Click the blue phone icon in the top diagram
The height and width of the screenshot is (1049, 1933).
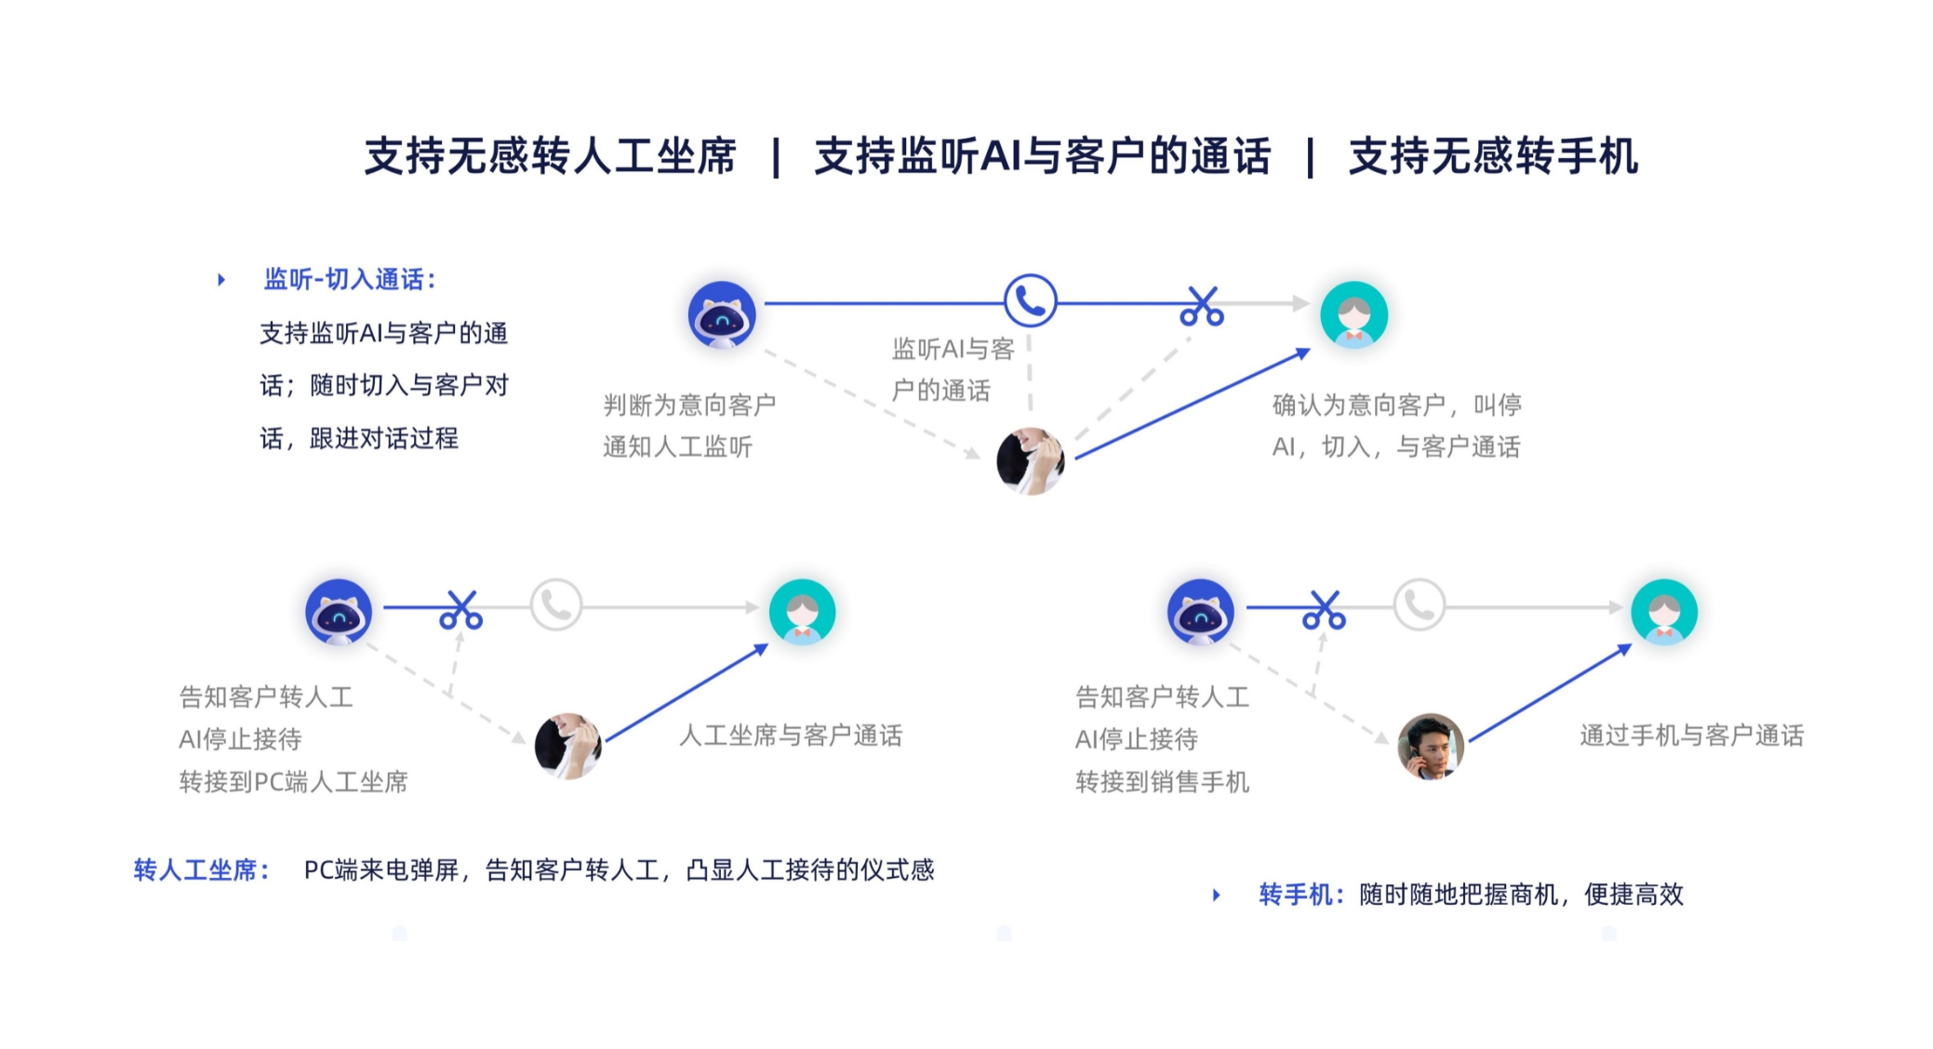1030,300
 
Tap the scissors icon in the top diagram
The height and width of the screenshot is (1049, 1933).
1202,306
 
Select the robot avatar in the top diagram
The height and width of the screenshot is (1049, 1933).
722,314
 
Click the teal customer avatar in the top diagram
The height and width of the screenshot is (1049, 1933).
1354,314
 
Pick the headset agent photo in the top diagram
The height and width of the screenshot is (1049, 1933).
1030,460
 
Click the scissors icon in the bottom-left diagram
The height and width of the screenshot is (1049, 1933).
461,609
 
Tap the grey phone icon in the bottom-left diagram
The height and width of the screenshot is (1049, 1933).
556,605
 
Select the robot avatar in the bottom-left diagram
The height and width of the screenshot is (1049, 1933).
339,611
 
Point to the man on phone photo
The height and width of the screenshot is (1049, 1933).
1431,746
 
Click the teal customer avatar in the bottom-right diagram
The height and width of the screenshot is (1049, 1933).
1664,611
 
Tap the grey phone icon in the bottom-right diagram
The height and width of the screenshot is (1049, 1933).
1420,605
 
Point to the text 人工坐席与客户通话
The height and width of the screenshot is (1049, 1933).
791,736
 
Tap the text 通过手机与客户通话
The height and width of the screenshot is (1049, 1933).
1691,736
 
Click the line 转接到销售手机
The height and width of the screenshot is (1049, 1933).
1162,782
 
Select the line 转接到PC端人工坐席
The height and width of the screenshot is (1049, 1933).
293,782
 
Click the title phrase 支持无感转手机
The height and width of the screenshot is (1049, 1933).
1493,156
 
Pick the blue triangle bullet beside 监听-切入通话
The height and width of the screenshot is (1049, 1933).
221,279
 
